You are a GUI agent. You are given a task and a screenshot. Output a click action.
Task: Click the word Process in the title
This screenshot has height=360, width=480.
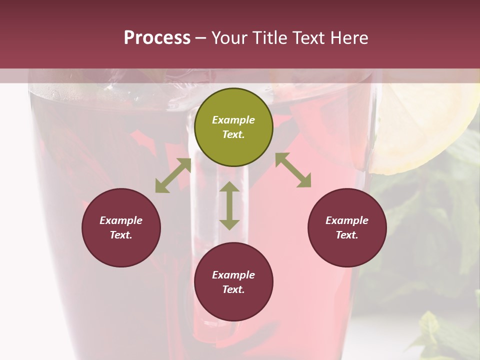[157, 38]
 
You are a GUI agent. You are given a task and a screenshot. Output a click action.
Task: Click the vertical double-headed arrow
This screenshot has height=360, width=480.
[229, 205]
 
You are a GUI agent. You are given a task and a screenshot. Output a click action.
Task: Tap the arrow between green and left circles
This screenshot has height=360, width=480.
[173, 175]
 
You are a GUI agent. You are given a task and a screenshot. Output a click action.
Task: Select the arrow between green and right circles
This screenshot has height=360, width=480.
[293, 170]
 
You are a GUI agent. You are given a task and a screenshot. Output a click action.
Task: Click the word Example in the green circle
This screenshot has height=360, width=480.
[233, 120]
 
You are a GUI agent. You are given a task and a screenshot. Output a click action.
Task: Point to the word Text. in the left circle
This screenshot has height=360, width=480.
[121, 235]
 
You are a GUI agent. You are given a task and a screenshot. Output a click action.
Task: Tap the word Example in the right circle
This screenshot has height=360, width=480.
[347, 220]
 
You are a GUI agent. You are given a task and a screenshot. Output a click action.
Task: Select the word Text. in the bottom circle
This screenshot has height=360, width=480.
[233, 289]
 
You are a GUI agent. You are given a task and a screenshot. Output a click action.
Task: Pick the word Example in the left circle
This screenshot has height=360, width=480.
[121, 220]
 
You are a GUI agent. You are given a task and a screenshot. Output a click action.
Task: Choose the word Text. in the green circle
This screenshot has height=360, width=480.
[233, 134]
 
